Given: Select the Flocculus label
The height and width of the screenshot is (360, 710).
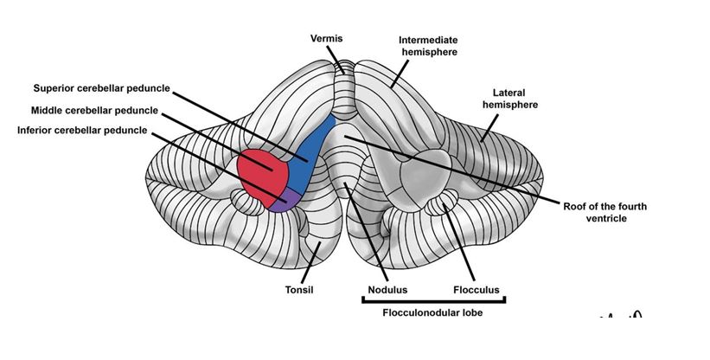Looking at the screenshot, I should point(477,290).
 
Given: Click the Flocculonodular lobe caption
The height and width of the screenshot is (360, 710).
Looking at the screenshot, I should point(433,313).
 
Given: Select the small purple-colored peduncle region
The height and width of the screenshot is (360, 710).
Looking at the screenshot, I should point(280,204).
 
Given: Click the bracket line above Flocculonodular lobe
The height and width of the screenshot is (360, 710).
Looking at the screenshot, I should point(432,301).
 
